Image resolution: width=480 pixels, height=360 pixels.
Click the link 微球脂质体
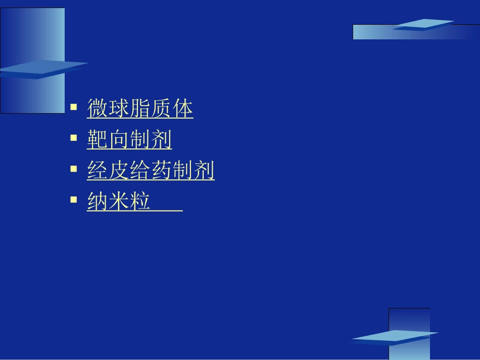tap(140, 109)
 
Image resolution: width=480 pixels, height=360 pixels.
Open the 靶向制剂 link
tap(129, 140)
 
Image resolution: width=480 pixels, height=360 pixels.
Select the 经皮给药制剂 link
tap(151, 171)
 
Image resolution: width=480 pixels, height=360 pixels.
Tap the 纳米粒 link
tap(119, 202)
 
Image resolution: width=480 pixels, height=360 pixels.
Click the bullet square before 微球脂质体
tap(74, 107)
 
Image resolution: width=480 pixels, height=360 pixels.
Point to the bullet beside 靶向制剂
tap(74, 137)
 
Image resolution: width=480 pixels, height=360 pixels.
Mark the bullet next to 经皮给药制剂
tap(74, 169)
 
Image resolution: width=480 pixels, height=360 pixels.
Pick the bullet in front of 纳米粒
tap(74, 199)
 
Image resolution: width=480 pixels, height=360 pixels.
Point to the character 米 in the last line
tap(119, 202)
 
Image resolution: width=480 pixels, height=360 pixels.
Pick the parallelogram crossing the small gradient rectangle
tap(394, 337)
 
